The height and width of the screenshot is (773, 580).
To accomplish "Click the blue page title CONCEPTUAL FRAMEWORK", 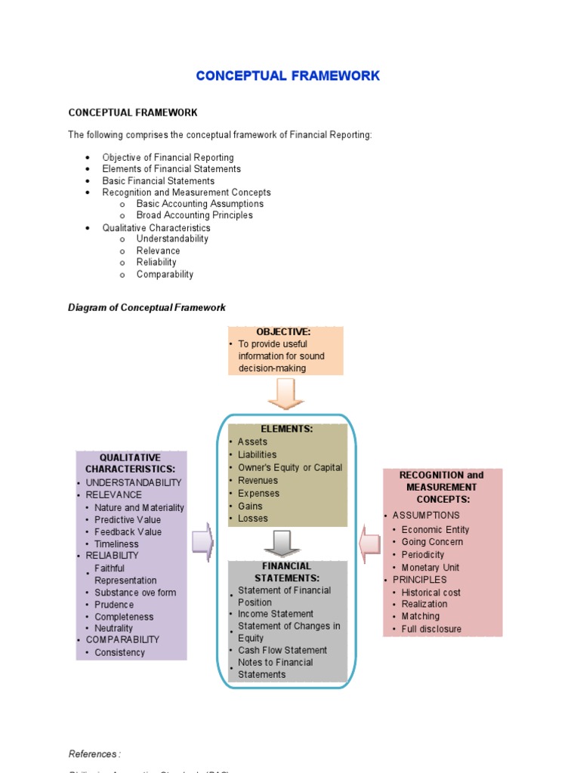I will point(288,76).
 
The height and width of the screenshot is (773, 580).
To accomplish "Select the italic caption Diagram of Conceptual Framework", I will point(147,307).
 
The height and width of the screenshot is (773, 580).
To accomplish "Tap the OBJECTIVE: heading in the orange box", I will point(283,332).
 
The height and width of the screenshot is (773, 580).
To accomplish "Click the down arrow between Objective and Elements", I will point(286,393).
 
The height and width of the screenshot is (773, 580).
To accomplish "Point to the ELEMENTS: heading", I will point(286,429).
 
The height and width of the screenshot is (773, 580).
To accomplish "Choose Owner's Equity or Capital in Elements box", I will point(289,467).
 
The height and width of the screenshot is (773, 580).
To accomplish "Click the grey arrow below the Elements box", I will point(282,543).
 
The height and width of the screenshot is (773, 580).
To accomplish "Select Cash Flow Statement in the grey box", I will point(282,650).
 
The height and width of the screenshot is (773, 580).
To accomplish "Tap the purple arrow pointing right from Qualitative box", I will point(202,542).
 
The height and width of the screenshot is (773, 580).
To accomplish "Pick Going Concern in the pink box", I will point(432,542).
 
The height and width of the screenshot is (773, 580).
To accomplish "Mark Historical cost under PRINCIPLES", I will point(430,593).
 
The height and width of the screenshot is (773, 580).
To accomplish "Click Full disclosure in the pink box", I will point(431,629).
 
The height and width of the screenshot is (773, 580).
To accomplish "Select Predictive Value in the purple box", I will point(128,519).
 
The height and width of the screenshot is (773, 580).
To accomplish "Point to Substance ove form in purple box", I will point(135,593).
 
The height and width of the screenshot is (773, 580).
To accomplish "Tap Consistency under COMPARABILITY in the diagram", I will point(119,652).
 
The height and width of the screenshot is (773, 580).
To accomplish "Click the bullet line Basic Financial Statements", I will point(158,181).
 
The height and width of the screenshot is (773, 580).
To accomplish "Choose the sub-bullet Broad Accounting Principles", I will point(194,215).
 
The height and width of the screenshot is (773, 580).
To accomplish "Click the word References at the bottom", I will point(94,753).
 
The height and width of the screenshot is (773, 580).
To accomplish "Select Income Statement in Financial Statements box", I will point(276,614).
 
